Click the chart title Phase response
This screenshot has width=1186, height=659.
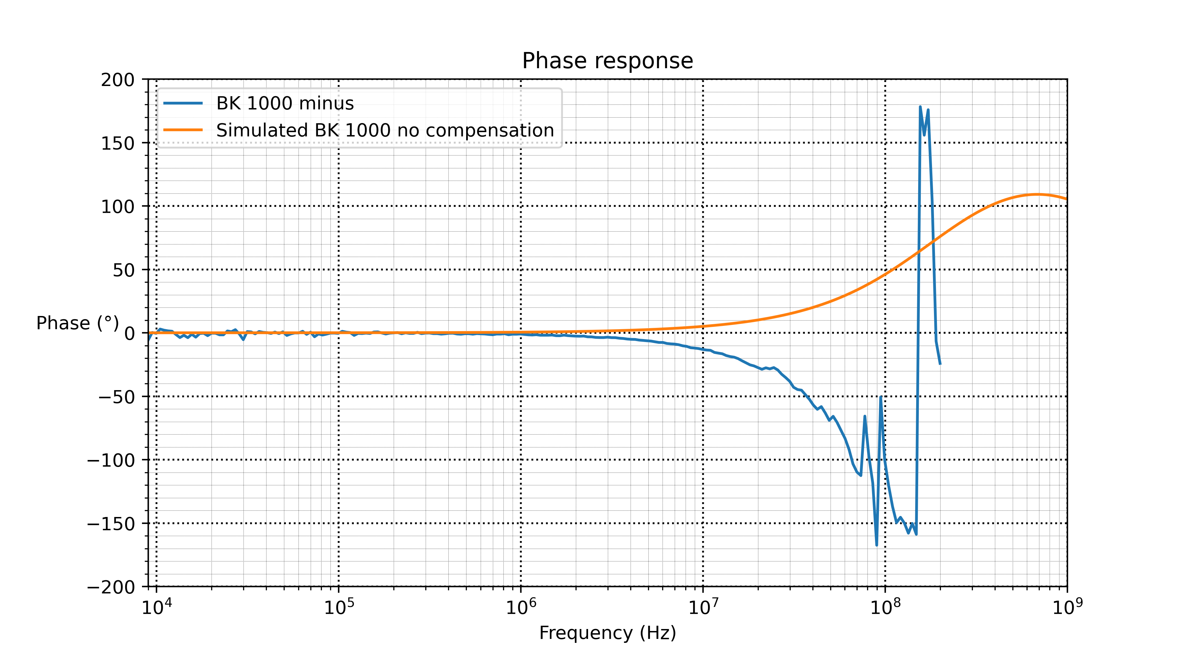coord(607,61)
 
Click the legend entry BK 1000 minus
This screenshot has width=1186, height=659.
coord(285,103)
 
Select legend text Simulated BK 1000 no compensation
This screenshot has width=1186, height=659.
coord(385,130)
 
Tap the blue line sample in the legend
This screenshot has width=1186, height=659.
coord(183,103)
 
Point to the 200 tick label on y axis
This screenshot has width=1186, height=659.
coord(118,80)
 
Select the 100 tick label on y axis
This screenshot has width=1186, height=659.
coord(118,207)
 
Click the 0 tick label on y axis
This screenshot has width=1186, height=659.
coord(129,333)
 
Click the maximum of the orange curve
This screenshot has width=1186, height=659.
coord(1037,194)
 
